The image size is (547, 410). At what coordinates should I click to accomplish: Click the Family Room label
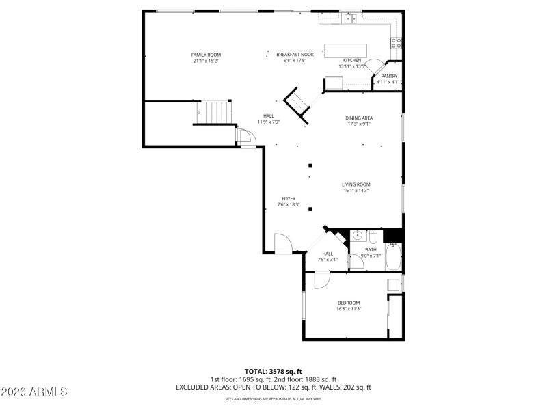point(206,55)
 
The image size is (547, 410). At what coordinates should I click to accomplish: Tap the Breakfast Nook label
point(295,54)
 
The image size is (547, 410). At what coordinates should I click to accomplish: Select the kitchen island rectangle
point(345,51)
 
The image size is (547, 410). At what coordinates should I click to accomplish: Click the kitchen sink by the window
point(350,19)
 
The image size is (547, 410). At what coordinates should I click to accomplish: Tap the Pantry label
point(389,76)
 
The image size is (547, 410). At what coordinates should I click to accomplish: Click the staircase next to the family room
point(214,111)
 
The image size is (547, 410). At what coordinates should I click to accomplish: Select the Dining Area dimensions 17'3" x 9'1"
point(358,124)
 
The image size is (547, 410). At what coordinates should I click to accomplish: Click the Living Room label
point(356,184)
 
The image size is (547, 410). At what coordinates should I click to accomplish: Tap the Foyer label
point(289,198)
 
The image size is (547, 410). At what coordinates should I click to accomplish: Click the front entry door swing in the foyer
point(283,243)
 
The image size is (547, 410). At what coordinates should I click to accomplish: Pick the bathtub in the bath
point(394,258)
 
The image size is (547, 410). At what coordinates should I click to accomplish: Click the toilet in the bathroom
point(373,238)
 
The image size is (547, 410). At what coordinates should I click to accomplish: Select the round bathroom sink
point(357,236)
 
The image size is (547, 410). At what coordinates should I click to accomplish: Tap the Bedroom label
point(348,303)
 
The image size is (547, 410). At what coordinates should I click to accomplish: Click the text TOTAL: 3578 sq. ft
point(273,371)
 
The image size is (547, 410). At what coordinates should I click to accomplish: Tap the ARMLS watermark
point(34,392)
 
